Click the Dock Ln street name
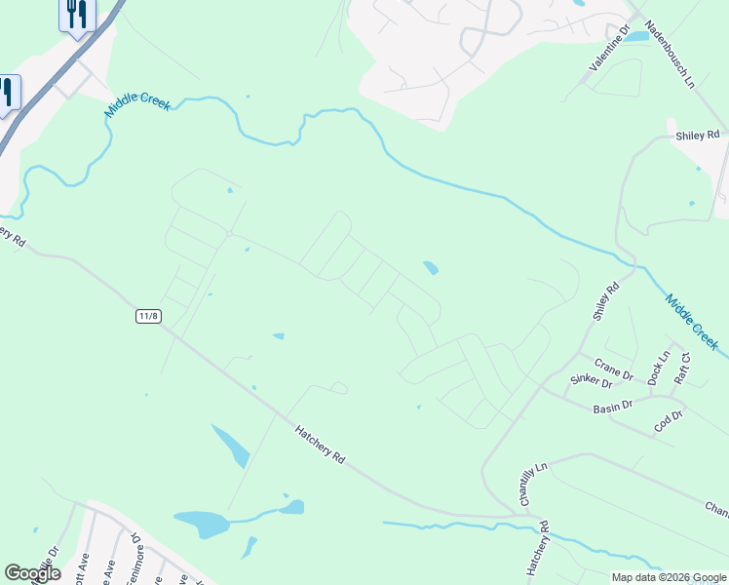[659, 366]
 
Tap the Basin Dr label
[612, 406]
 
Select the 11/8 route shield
[148, 316]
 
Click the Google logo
[32, 573]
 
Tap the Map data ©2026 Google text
[669, 577]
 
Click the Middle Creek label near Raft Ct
[692, 321]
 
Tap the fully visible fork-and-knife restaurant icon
[76, 14]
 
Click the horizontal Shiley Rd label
[697, 136]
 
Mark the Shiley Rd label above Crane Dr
[606, 303]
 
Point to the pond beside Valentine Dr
[635, 37]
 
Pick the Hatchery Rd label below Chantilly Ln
[538, 553]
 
